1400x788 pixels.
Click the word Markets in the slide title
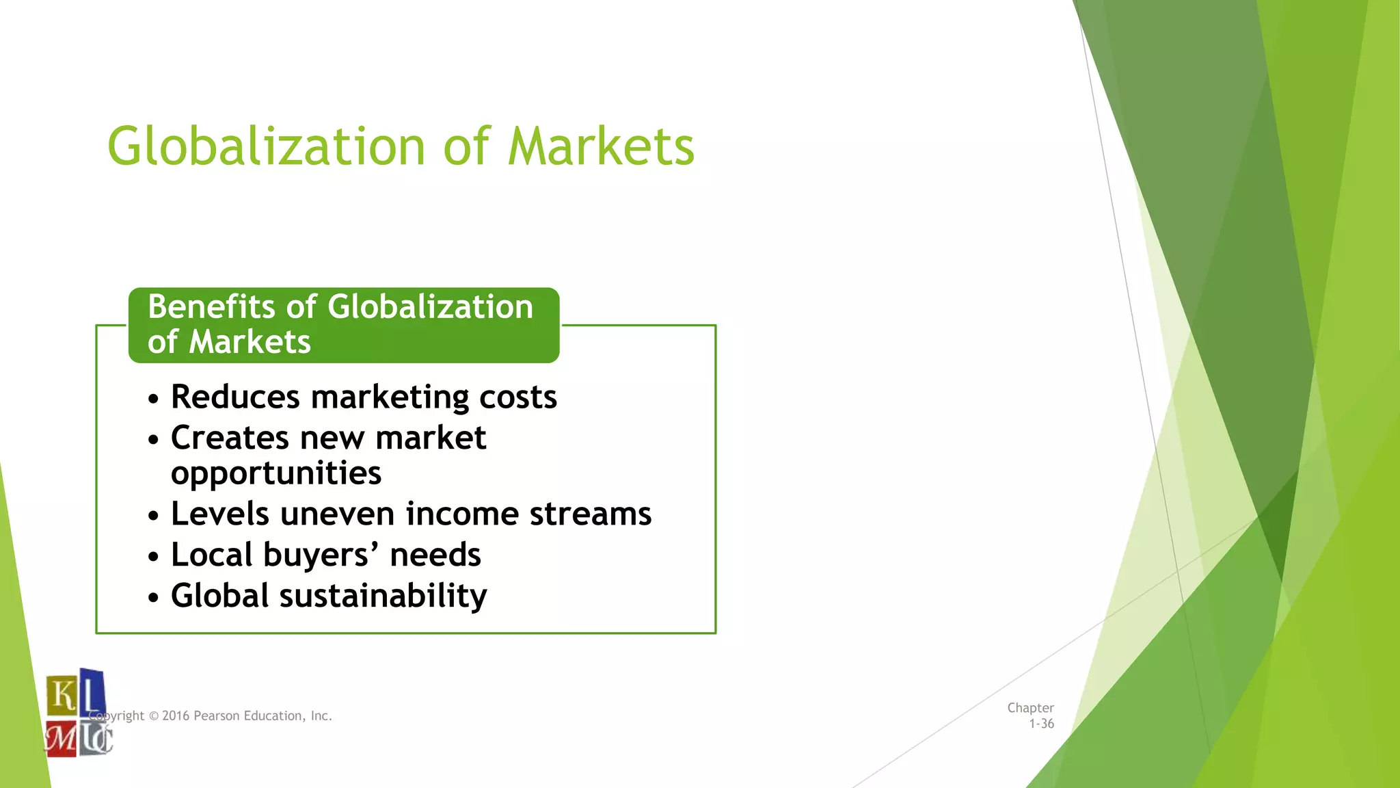click(x=601, y=146)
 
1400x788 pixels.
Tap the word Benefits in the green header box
click(x=212, y=307)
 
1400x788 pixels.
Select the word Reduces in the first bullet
click(x=235, y=397)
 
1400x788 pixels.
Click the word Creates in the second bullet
click(x=230, y=438)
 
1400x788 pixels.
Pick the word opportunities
click(x=276, y=474)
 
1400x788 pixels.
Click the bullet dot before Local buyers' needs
click(x=153, y=557)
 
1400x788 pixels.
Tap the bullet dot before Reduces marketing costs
click(x=153, y=399)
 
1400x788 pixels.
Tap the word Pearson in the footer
click(x=217, y=716)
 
